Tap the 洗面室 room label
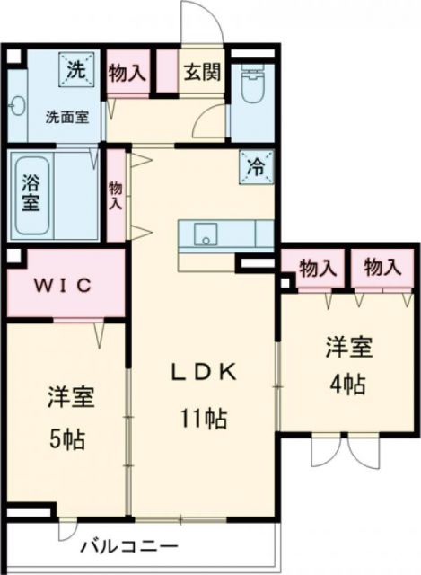click(x=67, y=117)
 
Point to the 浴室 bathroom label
click(x=30, y=192)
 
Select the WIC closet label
click(x=64, y=286)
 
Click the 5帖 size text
click(x=66, y=440)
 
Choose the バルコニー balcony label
click(x=133, y=545)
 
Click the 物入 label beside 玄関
click(x=127, y=72)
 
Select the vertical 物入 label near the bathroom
click(x=116, y=195)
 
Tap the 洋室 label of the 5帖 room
click(x=66, y=396)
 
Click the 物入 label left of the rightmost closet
click(x=319, y=268)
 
